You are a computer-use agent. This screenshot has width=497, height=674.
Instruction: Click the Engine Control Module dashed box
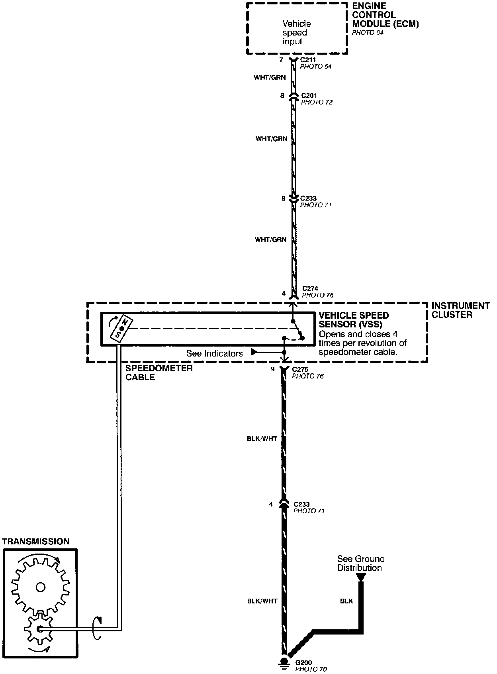click(297, 28)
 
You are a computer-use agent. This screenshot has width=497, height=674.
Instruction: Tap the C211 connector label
click(308, 60)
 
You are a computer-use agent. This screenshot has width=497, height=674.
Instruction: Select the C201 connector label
click(309, 96)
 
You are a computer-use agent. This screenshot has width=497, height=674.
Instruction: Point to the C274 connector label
click(310, 288)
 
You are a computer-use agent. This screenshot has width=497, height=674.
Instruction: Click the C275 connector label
click(300, 369)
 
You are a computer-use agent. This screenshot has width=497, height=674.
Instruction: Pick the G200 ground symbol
click(284, 662)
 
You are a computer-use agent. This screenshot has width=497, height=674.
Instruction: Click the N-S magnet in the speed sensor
click(121, 328)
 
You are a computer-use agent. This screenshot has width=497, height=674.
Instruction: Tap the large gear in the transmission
click(40, 587)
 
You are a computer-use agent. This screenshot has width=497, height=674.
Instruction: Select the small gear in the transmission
click(39, 629)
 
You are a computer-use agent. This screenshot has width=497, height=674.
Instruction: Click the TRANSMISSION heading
click(36, 542)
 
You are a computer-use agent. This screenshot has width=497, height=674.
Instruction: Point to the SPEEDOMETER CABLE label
click(159, 372)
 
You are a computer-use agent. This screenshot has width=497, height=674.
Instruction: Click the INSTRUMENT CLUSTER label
click(460, 310)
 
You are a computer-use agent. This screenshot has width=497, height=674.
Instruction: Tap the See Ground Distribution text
click(360, 563)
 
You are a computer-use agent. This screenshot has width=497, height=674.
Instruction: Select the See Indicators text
click(215, 353)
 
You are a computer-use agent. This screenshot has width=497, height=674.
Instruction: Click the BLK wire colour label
click(346, 601)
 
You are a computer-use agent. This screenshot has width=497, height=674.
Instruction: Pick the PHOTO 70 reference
click(311, 669)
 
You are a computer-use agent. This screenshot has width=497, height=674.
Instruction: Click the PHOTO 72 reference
click(317, 102)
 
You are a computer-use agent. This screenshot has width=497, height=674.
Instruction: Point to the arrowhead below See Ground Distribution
click(360, 577)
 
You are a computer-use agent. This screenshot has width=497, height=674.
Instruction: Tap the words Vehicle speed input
click(296, 33)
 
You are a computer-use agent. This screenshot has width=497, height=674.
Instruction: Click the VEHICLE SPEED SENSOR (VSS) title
click(354, 319)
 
